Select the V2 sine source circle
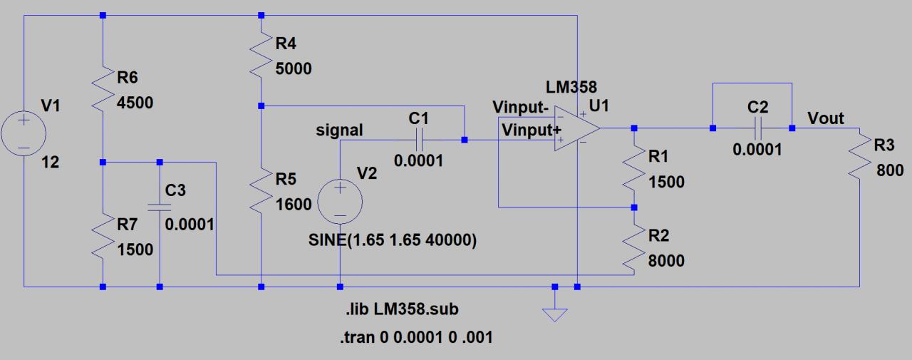340,200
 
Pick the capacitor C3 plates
159,207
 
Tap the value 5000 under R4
293,68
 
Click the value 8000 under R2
666,261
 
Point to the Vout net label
825,118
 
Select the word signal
340,130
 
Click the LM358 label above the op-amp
571,88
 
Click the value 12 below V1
50,163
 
